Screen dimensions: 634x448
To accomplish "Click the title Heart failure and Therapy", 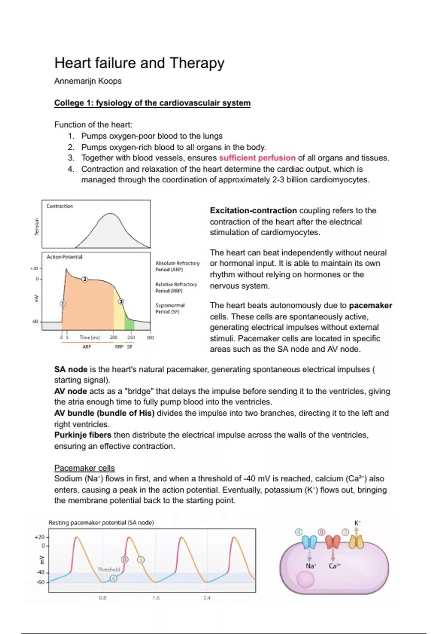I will click(139, 63).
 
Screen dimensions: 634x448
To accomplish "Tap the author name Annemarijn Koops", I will click(88, 81).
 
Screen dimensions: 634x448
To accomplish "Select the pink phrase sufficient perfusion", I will click(257, 158).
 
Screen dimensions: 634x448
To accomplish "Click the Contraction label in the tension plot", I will click(59, 206).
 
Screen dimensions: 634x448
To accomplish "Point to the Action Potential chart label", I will click(64, 257).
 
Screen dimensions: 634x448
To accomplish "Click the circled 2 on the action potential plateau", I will click(85, 279).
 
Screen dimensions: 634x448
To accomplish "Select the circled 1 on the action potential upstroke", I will click(63, 304).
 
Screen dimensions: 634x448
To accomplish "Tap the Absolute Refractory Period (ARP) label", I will click(177, 266).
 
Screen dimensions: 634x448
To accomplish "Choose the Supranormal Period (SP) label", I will click(170, 308).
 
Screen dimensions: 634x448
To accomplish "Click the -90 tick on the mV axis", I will click(35, 321).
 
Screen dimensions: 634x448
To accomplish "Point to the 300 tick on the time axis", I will click(150, 338).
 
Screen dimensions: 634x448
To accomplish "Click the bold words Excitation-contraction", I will click(253, 210).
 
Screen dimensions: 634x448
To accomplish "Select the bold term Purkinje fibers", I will click(83, 435).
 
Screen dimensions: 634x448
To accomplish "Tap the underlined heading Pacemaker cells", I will click(84, 468).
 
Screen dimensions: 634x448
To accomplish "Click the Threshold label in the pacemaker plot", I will click(109, 569).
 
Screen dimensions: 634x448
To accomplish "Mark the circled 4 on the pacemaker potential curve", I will click(113, 578).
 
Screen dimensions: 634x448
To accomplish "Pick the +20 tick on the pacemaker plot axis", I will click(39, 537).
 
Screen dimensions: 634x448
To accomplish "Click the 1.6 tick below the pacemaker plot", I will click(156, 598).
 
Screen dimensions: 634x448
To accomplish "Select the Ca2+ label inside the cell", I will click(335, 566).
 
